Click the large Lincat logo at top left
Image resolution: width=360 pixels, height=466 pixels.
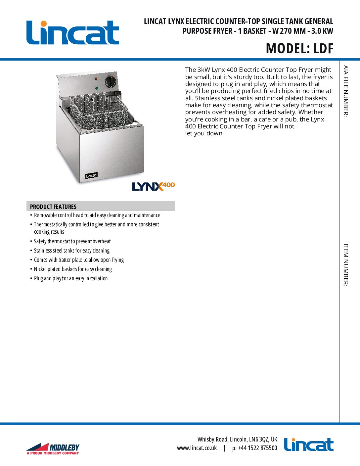pos(73,32)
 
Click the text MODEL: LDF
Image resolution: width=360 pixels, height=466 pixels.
pos(299,49)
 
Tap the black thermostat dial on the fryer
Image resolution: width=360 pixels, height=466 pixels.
pos(111,81)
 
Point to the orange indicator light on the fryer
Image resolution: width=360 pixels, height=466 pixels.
pos(96,79)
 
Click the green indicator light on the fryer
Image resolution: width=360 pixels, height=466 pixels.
pos(96,88)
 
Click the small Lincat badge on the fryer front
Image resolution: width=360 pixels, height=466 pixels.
pos(91,175)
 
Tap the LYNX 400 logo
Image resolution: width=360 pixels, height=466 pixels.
pos(153,186)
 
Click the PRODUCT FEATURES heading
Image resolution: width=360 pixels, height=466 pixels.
pos(53,207)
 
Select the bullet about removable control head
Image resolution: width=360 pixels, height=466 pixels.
pos(97,215)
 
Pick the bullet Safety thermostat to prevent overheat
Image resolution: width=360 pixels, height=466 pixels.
pos(72,241)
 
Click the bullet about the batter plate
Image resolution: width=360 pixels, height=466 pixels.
pos(79,260)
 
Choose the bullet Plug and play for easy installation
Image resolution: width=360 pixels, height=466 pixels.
pos(71,278)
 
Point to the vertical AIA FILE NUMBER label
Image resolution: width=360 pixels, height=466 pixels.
pos(345,91)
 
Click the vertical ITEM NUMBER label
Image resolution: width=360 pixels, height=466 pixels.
pos(345,265)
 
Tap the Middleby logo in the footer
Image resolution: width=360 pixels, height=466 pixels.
pos(53,448)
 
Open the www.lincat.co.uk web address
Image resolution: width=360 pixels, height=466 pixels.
pos(197,448)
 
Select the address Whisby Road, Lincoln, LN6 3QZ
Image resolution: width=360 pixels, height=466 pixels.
pos(237,439)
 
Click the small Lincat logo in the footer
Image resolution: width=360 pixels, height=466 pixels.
pos(308,444)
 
